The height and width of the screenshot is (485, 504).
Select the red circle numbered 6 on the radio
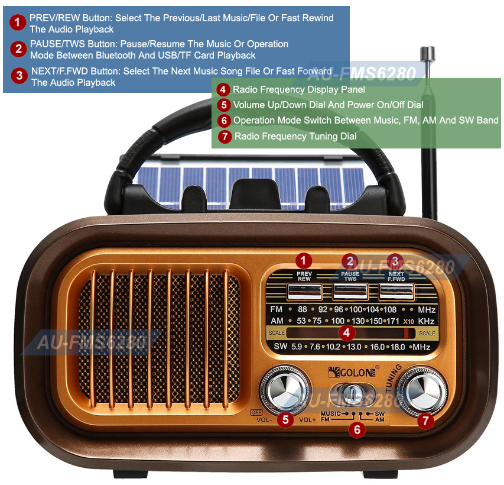(356, 429)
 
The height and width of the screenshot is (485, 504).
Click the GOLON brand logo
(352, 371)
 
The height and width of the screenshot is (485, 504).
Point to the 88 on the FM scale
(303, 309)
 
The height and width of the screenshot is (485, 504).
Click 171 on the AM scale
(393, 321)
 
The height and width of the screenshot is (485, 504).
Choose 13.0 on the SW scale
(354, 347)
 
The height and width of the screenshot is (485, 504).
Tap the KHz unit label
(426, 321)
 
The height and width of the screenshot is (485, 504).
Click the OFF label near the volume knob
(256, 412)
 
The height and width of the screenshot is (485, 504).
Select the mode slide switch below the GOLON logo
(353, 393)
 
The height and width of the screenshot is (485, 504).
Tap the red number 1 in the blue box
(19, 23)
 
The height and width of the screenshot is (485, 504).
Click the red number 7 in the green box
(224, 137)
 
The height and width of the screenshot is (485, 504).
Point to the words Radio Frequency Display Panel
(298, 90)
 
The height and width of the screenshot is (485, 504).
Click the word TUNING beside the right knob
(394, 379)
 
